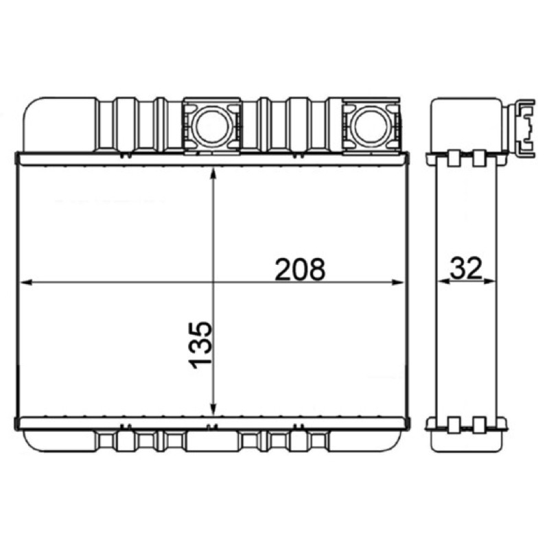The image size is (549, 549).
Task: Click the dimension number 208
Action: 300,269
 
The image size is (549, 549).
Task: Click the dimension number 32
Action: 466,268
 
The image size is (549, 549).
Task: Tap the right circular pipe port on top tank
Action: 371,125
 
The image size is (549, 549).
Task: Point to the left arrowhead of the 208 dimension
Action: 27,282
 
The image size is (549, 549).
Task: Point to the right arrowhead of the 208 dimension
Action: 398,282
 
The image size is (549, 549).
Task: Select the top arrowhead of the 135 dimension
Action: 213,174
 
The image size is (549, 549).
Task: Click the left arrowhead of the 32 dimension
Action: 445,281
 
